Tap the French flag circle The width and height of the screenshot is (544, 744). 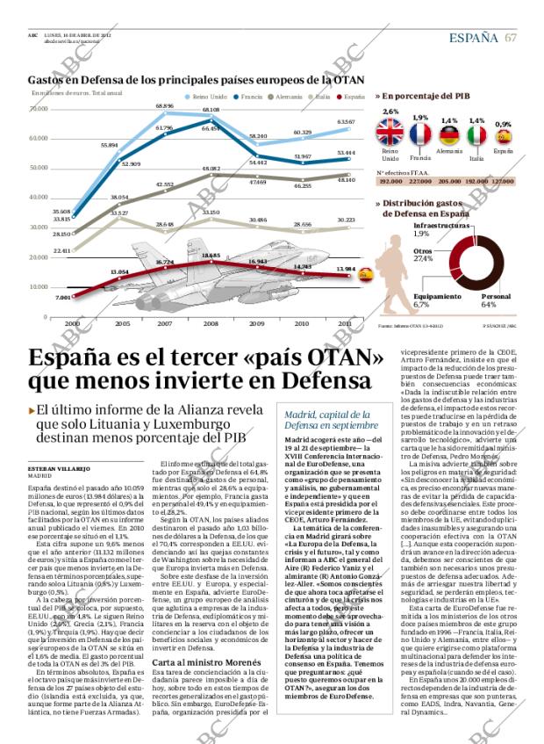point(420,134)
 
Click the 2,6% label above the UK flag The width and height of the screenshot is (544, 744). point(390,112)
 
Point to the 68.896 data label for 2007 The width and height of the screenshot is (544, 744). point(164,105)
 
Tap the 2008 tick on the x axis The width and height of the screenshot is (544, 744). point(211,323)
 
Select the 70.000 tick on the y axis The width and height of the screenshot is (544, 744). point(39,109)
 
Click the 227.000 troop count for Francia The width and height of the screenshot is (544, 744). point(418,181)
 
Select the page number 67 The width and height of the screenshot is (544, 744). point(511,37)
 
